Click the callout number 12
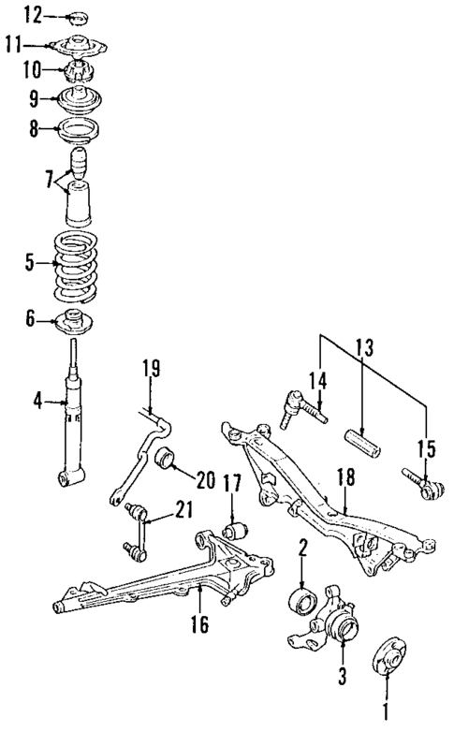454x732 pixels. pyautogui.click(x=33, y=14)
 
